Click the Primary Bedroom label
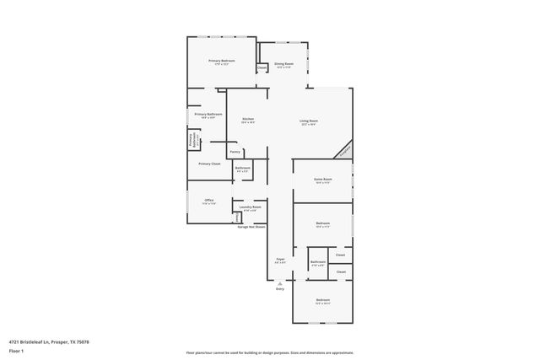pos(222,61)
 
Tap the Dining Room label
pos(283,64)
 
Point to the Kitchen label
pos(248,120)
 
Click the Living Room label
pos(308,121)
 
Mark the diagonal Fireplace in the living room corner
pos(343,150)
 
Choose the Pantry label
pos(235,152)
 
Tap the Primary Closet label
pos(209,164)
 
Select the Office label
pos(208,200)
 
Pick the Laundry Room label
pos(251,207)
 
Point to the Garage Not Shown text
pos(251,227)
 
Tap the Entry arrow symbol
pos(279,282)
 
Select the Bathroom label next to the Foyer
pos(318,262)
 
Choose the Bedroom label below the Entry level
pos(323,300)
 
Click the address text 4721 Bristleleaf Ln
pos(50,341)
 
